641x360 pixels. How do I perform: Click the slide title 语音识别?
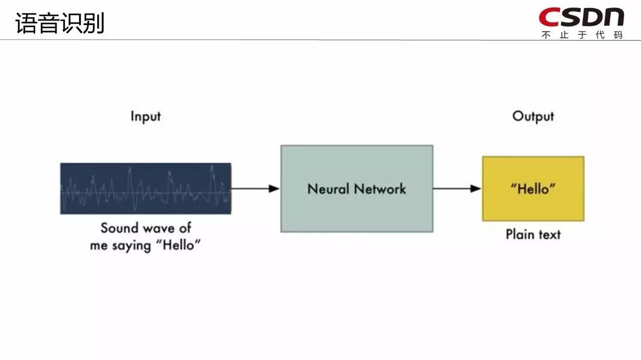click(60, 23)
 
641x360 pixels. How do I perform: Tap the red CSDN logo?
click(581, 17)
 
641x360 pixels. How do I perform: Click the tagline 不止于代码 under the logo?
click(582, 35)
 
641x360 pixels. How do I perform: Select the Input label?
click(146, 117)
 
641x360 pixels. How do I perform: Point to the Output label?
click(533, 117)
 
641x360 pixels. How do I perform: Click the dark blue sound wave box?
click(146, 189)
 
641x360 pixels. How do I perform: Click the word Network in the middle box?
click(380, 189)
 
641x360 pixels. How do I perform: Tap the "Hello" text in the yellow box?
click(533, 189)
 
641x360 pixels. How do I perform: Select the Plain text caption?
click(533, 234)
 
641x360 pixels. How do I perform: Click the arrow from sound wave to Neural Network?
click(255, 189)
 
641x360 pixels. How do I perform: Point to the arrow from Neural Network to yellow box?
click(457, 189)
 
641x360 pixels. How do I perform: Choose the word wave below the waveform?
click(159, 229)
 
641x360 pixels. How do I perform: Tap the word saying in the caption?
click(131, 246)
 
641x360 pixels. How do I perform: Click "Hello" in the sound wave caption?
click(178, 245)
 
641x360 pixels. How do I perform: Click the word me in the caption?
click(99, 246)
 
